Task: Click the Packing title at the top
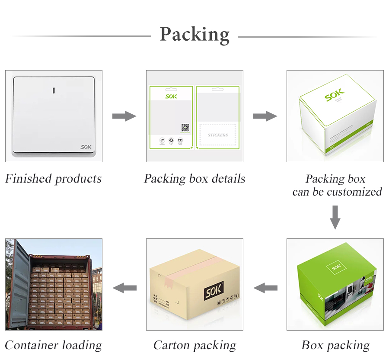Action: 194,34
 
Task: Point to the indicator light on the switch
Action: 54,91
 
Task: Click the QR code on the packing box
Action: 185,128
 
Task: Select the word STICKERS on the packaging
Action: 218,135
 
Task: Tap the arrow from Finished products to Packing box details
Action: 124,116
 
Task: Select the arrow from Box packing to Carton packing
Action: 265,287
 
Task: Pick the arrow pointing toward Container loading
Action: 124,287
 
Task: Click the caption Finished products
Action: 54,179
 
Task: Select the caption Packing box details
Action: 194,179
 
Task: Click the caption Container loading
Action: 54,345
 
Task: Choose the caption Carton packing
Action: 194,345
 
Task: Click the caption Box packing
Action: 335,345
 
